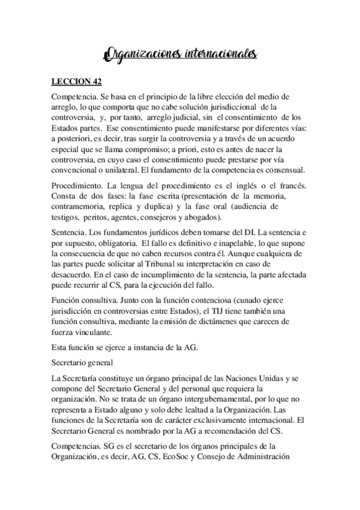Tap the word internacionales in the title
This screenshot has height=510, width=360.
click(x=218, y=55)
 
